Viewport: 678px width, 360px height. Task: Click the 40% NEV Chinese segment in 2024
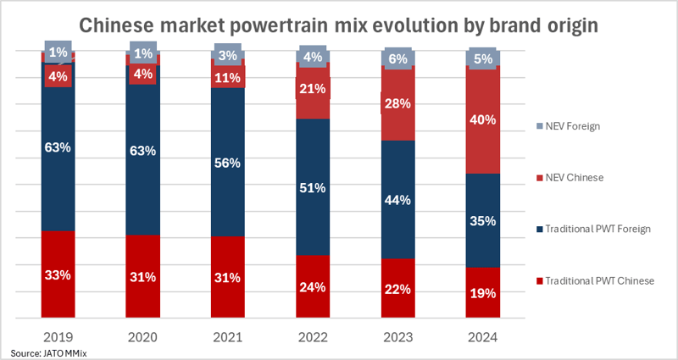[483, 120]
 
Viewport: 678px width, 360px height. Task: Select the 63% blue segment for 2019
[58, 147]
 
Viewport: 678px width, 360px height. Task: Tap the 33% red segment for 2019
[58, 275]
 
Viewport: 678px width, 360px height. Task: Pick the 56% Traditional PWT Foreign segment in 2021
[227, 163]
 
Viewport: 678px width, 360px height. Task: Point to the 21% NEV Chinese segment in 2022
[312, 90]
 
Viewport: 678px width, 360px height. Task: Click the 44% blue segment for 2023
[397, 200]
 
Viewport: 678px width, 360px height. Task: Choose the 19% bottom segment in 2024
[483, 292]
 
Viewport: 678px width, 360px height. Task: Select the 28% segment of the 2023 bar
[397, 103]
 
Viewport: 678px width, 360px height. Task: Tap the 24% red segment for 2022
[312, 286]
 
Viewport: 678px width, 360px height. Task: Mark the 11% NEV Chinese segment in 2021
[227, 77]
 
